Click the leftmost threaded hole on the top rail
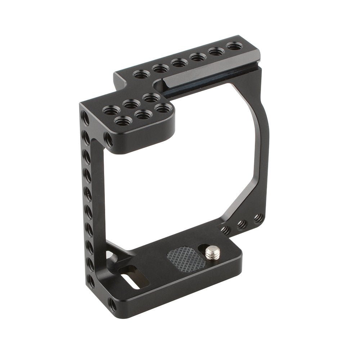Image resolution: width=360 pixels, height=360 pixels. click(139, 75)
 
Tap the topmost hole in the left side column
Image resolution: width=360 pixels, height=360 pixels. click(85, 117)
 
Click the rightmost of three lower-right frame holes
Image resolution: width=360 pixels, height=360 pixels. click(258, 218)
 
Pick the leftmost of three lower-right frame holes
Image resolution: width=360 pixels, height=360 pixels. click(226, 229)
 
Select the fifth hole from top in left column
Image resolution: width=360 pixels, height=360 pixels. click(87, 190)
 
